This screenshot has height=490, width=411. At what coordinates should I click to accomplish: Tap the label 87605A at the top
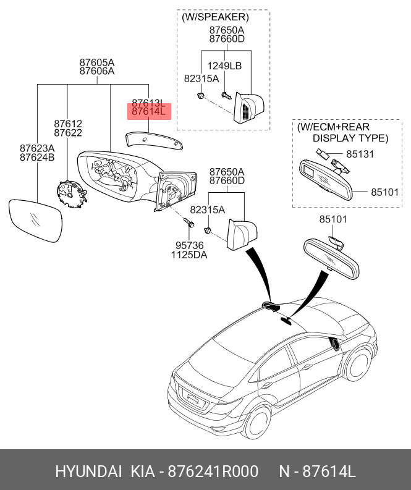click(97, 62)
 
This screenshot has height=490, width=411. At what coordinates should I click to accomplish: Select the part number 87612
click(68, 124)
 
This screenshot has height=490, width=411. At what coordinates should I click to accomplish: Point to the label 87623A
click(37, 148)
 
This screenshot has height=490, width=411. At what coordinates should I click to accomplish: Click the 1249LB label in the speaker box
click(224, 66)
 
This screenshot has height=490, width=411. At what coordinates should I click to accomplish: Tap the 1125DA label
click(189, 255)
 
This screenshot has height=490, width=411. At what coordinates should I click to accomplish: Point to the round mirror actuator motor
click(74, 193)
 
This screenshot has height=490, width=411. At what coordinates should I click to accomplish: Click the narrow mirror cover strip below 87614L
click(155, 140)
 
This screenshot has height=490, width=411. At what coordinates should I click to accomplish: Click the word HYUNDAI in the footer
click(88, 471)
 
